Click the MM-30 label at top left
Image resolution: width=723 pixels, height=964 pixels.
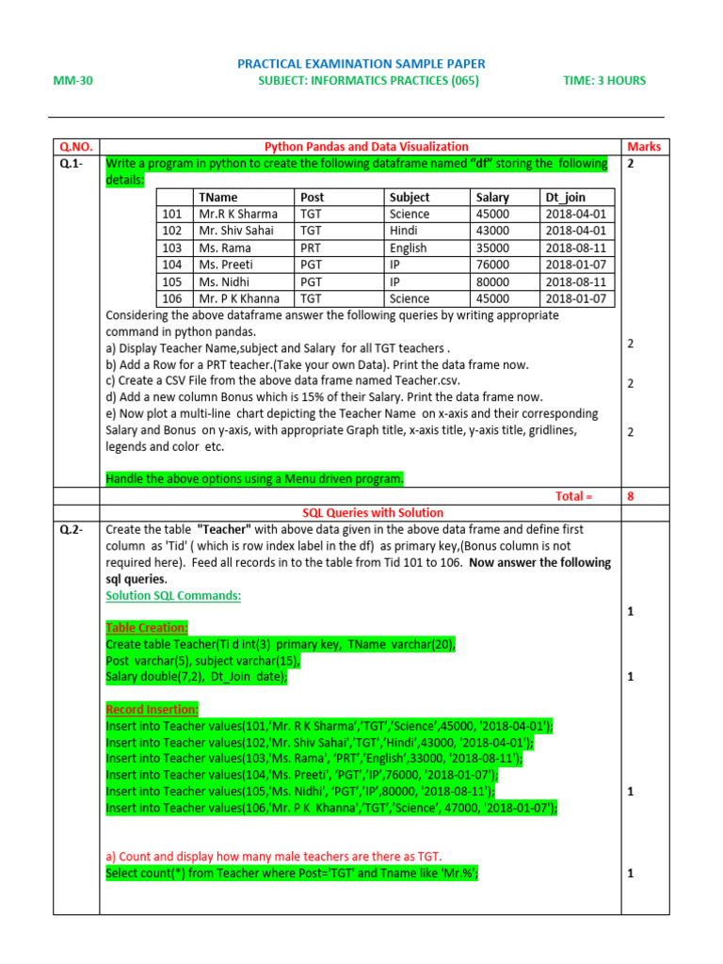pyautogui.click(x=72, y=81)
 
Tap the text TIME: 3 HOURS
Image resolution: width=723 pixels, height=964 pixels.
pyautogui.click(x=604, y=81)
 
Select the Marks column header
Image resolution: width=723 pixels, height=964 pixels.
pyautogui.click(x=643, y=147)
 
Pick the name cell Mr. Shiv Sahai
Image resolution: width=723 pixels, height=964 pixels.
pyautogui.click(x=235, y=232)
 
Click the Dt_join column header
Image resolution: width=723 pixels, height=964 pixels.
pyautogui.click(x=566, y=198)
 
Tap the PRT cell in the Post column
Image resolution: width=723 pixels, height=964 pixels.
pyautogui.click(x=311, y=249)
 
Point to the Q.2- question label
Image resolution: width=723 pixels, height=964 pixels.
pyautogui.click(x=72, y=530)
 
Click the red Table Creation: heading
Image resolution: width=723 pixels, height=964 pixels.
pyautogui.click(x=147, y=628)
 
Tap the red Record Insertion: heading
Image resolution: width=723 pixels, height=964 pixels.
pyautogui.click(x=152, y=709)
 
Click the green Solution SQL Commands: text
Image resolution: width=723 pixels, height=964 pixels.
pyautogui.click(x=173, y=596)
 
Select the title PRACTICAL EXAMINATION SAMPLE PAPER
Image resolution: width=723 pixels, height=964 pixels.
pyautogui.click(x=361, y=64)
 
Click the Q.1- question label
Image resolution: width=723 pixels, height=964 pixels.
pyautogui.click(x=72, y=164)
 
